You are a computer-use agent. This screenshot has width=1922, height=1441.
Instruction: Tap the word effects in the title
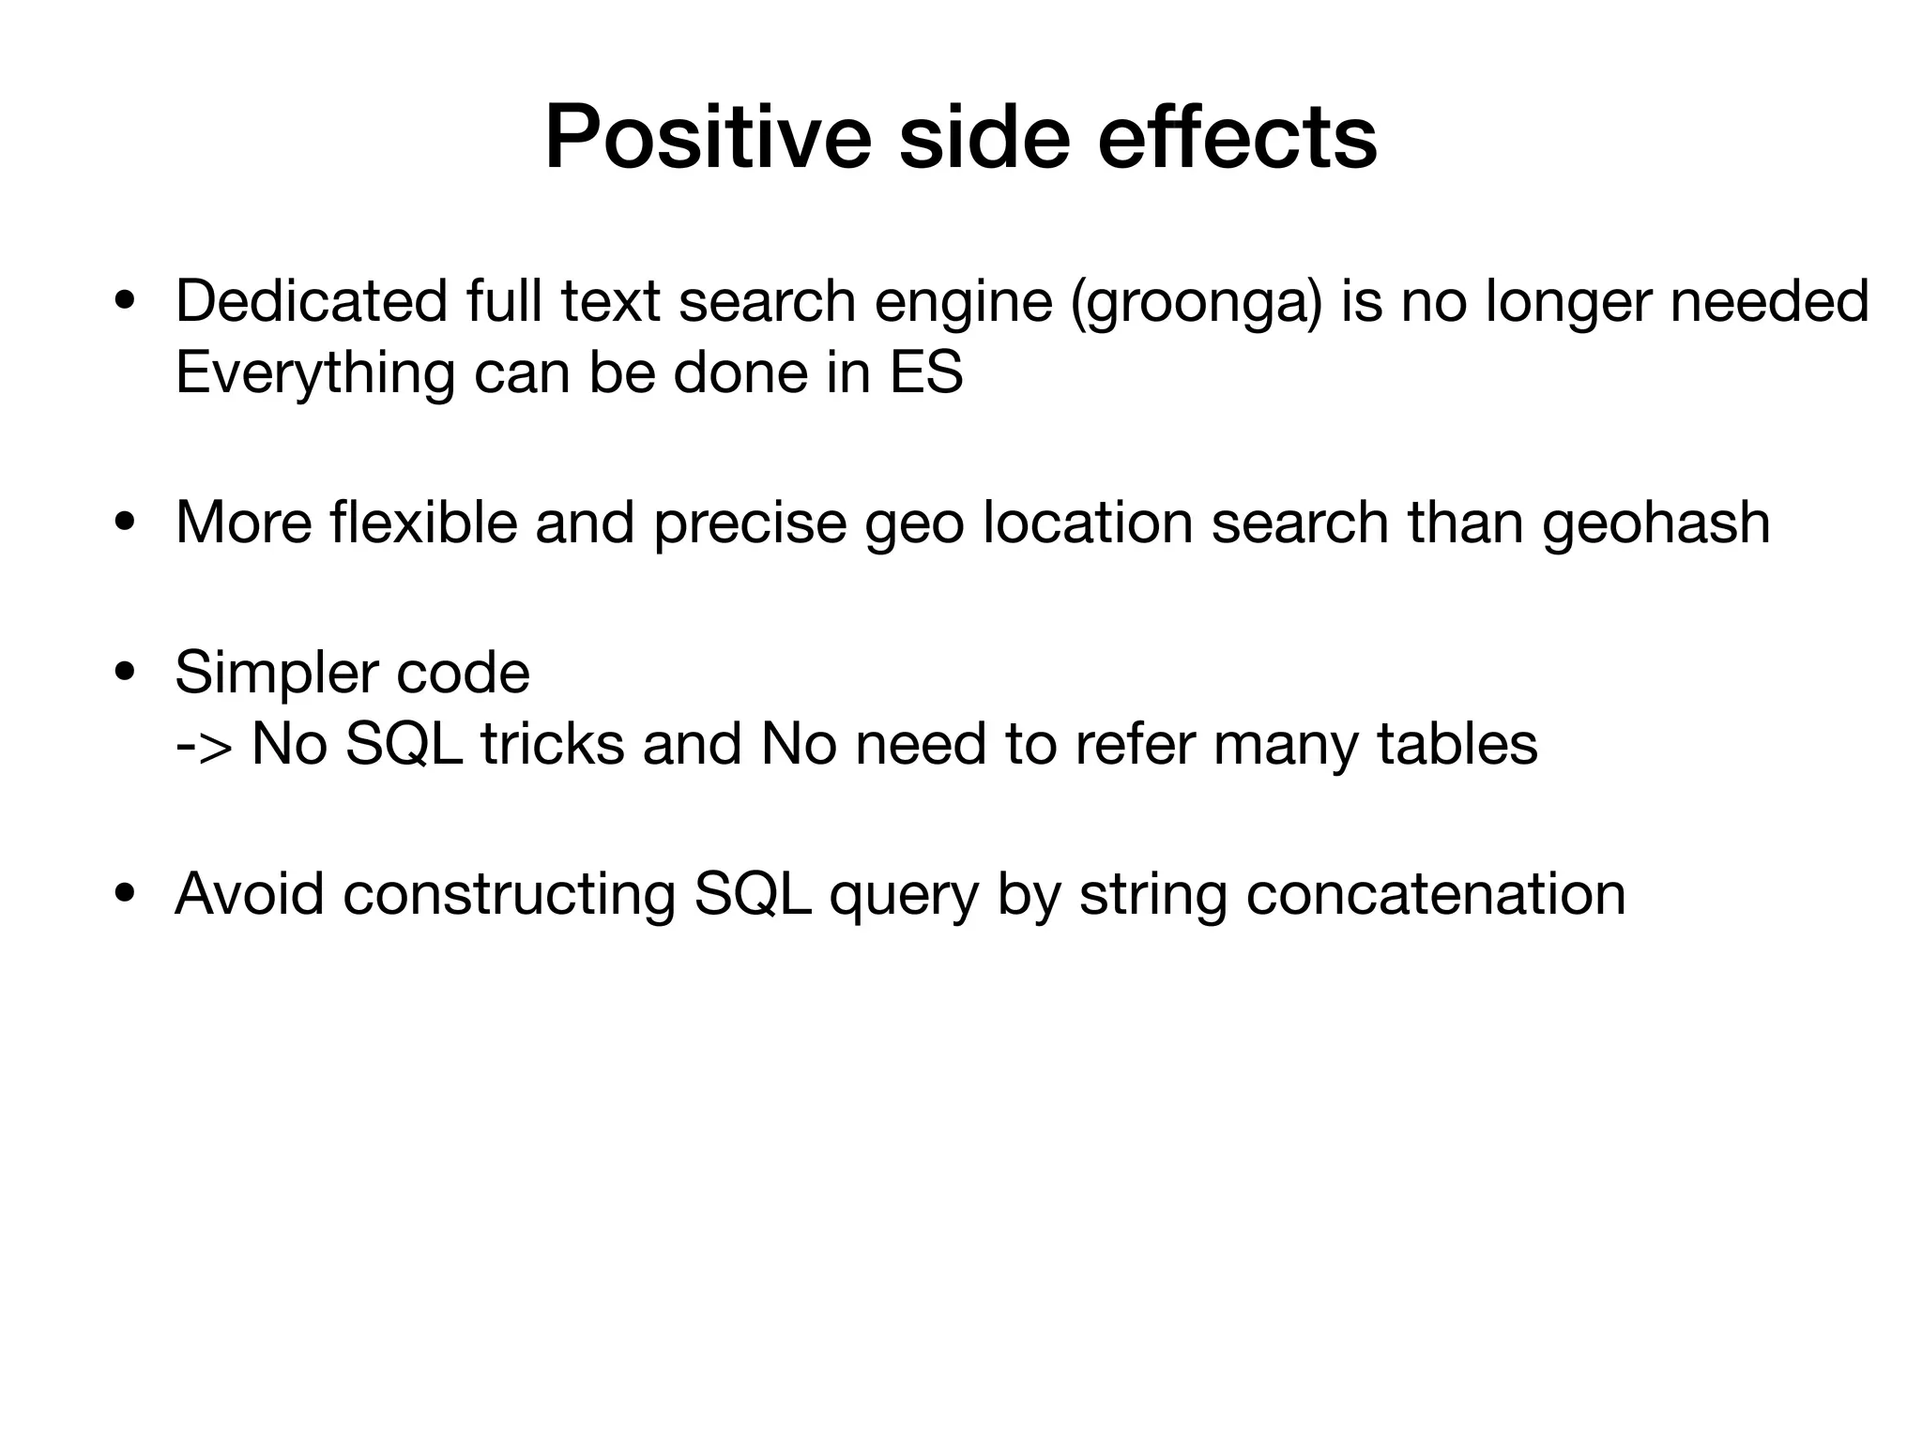[x=1236, y=139]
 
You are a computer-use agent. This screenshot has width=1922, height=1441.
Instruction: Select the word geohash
[x=1655, y=523]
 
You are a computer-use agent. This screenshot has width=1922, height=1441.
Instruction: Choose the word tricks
[x=552, y=744]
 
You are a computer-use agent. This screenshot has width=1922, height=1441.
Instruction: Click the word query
[x=903, y=895]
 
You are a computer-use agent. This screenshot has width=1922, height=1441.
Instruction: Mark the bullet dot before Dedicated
[x=123, y=303]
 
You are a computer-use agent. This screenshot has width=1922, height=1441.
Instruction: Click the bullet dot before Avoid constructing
[x=123, y=894]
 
